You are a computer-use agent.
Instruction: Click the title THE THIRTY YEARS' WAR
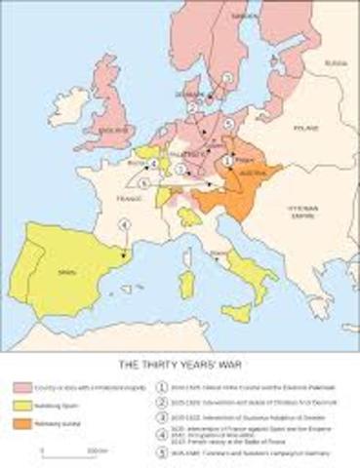179,364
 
